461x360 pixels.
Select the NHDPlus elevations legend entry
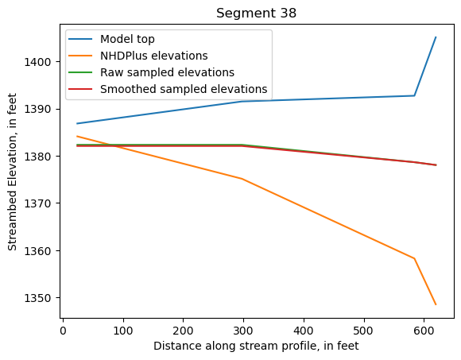154,56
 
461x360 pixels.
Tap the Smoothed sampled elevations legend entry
184,89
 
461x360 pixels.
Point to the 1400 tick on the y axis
41,62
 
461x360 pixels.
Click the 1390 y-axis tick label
41,109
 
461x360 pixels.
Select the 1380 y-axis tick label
41,157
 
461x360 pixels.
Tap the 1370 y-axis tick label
41,203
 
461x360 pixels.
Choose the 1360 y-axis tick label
41,251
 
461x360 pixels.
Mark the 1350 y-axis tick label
41,298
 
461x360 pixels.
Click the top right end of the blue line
436,37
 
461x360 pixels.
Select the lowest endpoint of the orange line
436,304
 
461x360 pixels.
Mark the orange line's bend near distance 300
242,179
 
